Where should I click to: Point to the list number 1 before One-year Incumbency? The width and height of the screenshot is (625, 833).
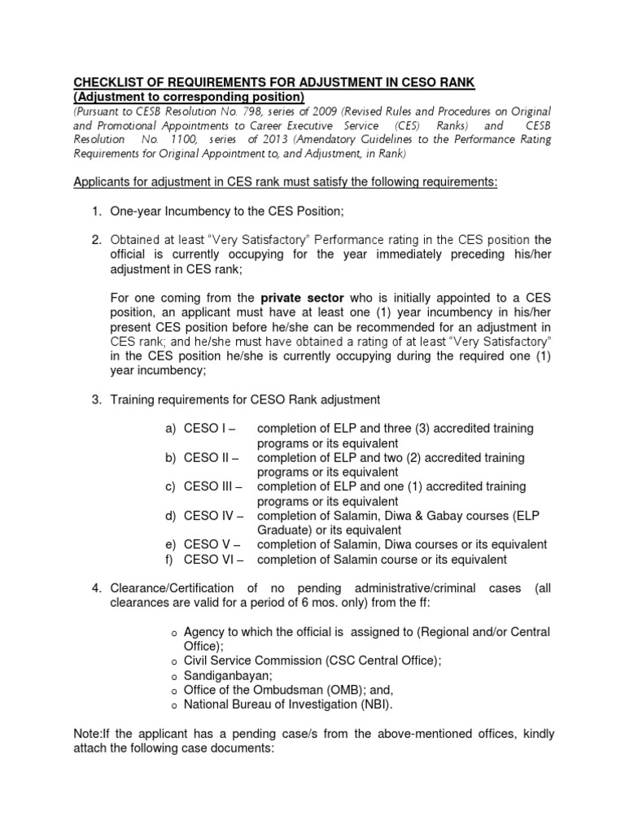[95, 212]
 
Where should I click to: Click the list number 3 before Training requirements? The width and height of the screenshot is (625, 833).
[95, 399]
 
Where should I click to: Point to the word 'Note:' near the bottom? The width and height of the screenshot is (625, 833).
[89, 735]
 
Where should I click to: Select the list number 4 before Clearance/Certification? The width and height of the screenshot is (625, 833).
[95, 588]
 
